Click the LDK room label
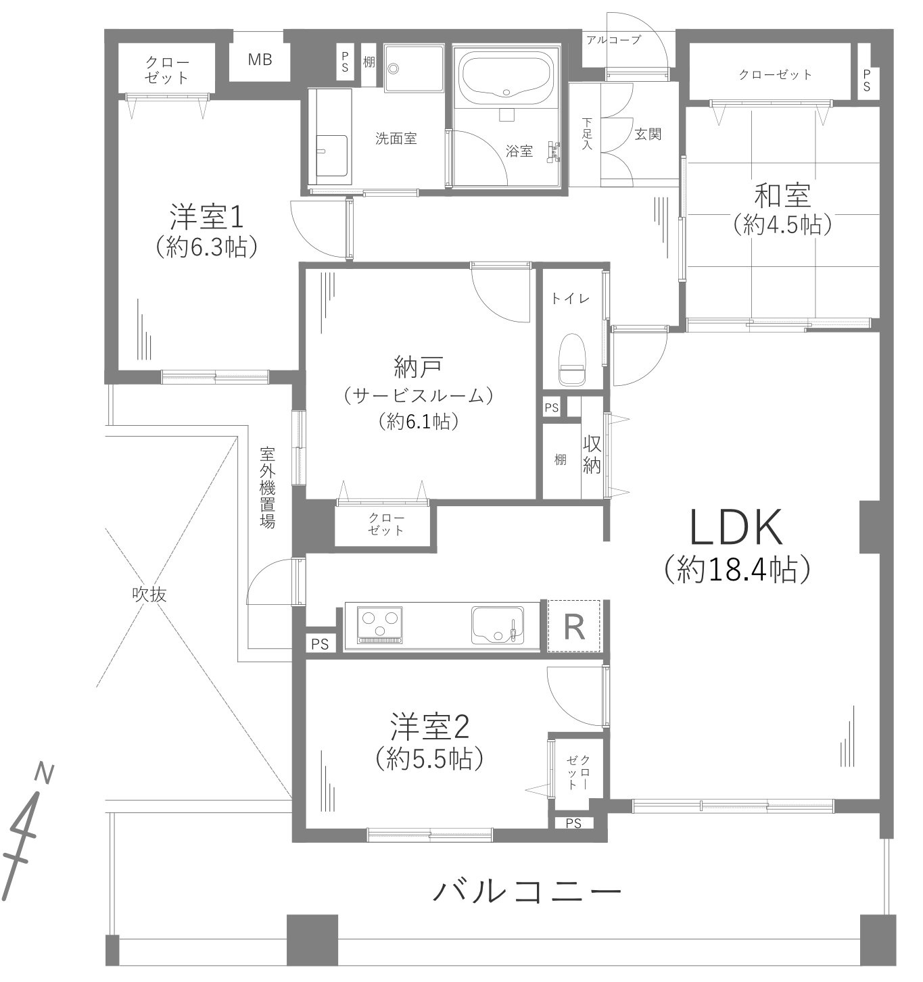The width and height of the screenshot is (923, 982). [736, 528]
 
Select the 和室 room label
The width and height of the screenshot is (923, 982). [782, 197]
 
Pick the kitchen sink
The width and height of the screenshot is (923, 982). [497, 624]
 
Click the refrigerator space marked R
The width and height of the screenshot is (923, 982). [574, 627]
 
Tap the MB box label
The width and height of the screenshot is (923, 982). [260, 60]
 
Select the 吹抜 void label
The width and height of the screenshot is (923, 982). [149, 595]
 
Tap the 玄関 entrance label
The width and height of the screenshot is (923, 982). [647, 134]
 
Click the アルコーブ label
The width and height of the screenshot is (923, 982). [613, 40]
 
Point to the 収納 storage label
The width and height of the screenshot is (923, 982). [592, 454]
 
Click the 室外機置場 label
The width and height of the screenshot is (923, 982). [268, 487]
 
